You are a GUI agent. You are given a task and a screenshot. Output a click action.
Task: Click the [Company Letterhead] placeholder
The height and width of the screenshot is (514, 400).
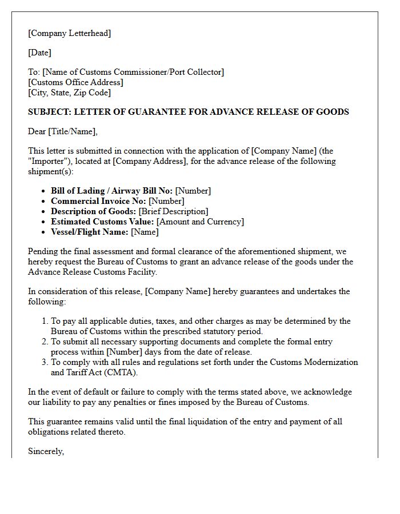click(x=69, y=33)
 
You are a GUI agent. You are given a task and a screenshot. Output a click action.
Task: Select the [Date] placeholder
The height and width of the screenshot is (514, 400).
click(x=39, y=53)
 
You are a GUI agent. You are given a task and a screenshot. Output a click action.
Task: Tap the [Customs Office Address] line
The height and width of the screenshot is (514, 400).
click(x=75, y=82)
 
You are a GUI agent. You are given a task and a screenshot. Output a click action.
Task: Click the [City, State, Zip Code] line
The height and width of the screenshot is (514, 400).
click(x=69, y=93)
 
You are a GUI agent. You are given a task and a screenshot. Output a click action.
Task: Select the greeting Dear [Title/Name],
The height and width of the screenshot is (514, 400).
click(x=63, y=131)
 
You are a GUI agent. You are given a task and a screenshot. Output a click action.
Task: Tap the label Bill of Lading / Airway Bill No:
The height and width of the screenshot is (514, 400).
click(x=111, y=191)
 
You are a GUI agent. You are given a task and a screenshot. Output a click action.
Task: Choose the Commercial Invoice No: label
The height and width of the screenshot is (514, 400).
click(x=98, y=201)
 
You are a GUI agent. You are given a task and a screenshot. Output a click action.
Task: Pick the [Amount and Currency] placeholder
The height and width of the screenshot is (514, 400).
click(x=200, y=222)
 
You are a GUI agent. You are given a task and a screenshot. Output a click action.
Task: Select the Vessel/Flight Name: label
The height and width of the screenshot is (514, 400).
click(x=89, y=232)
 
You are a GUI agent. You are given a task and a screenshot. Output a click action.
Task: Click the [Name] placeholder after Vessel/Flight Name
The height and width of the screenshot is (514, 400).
click(x=145, y=232)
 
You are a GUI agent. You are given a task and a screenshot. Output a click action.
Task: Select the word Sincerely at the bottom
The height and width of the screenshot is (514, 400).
click(x=46, y=451)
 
